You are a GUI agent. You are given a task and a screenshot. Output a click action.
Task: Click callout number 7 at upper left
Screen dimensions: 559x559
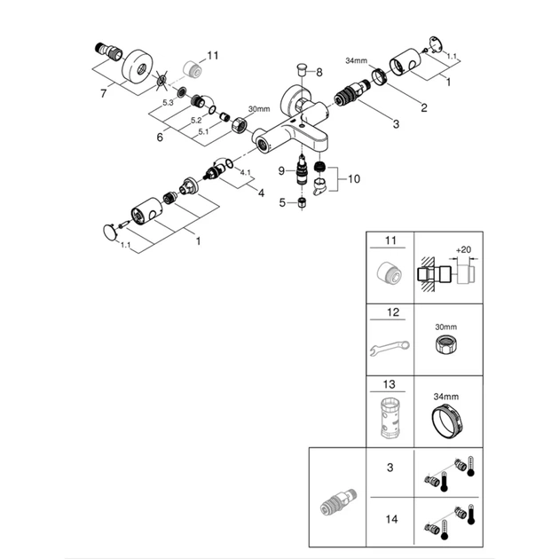(x=103, y=91)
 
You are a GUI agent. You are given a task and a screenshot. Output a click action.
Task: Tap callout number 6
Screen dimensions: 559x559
(x=160, y=137)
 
